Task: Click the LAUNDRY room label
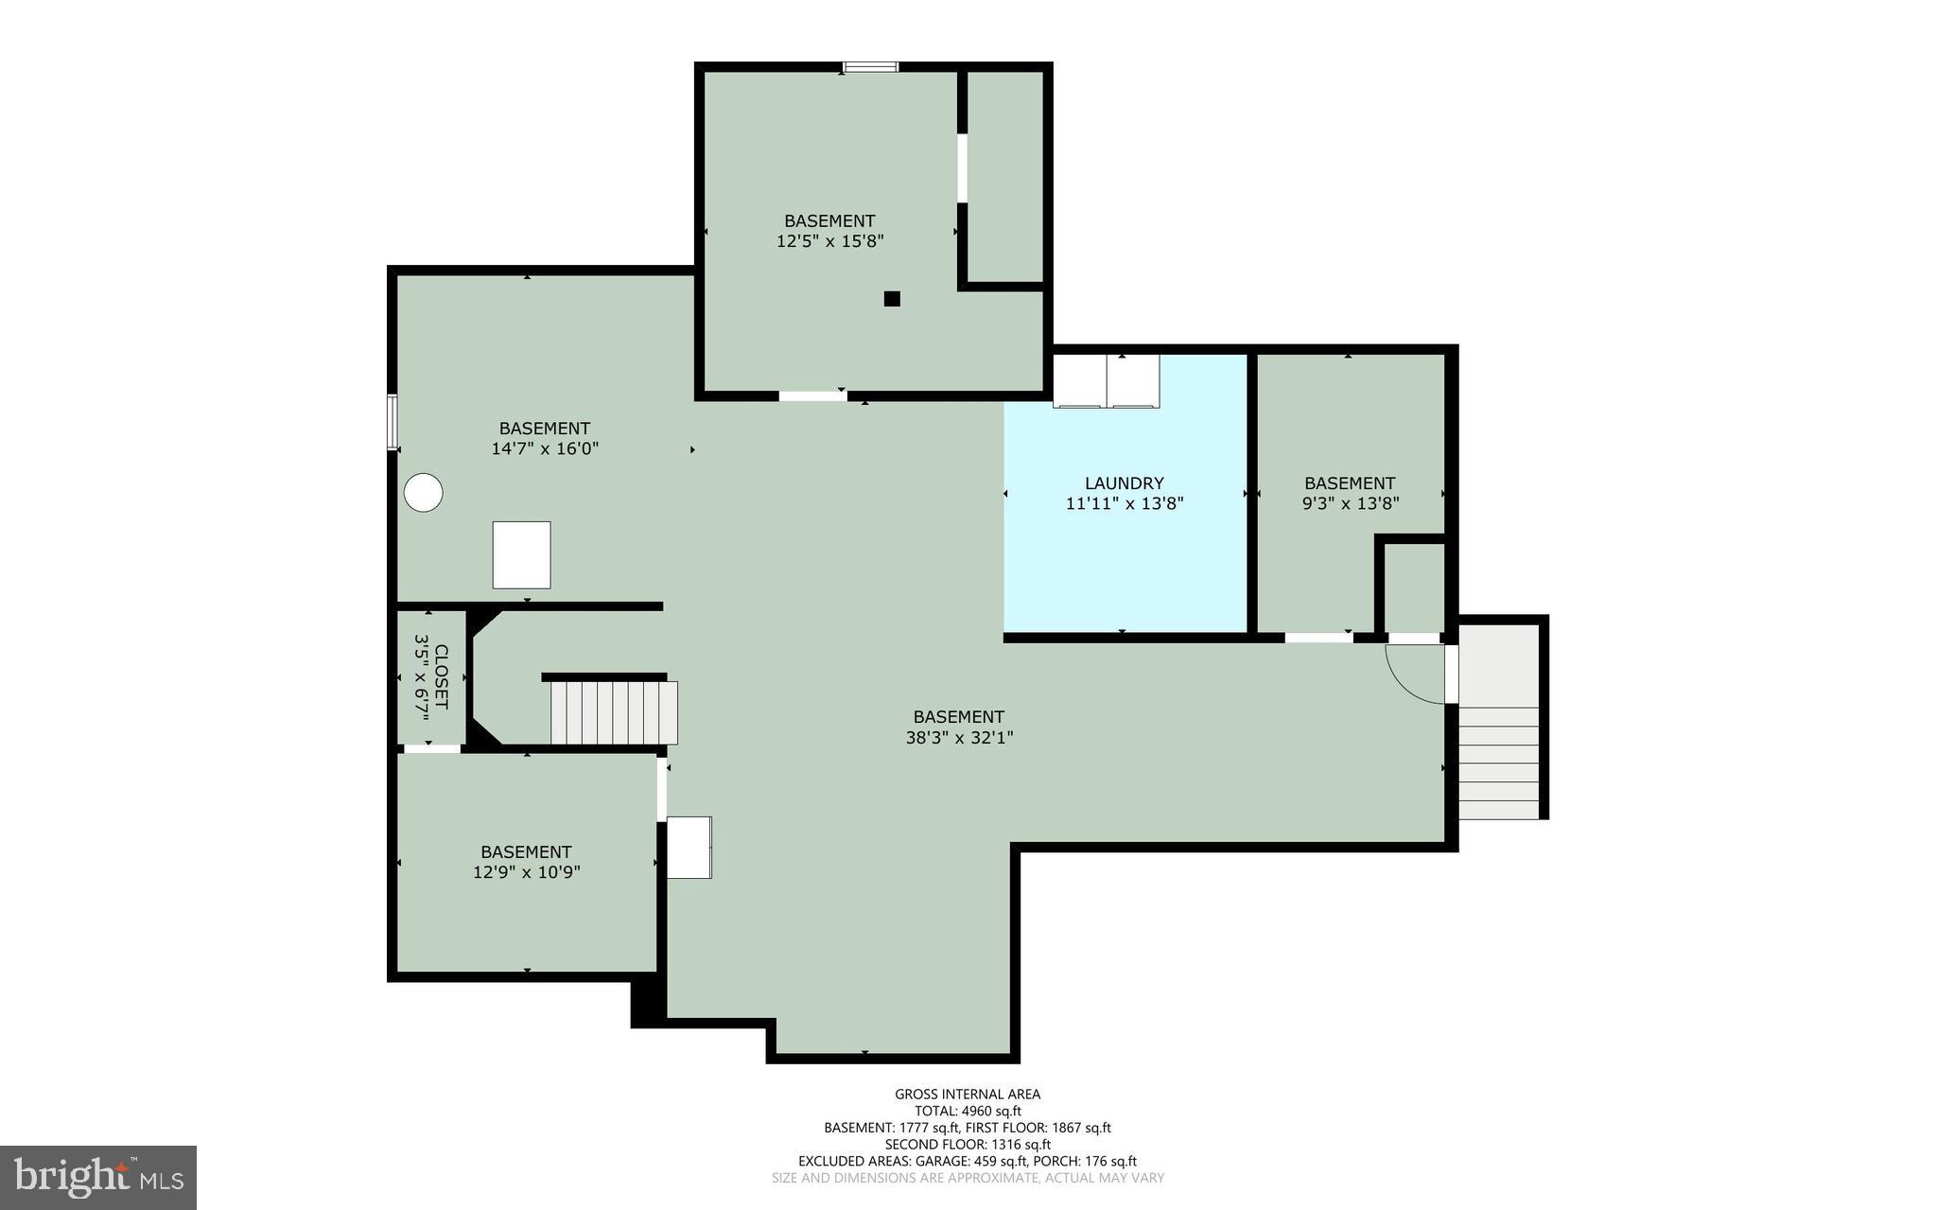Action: click(1124, 483)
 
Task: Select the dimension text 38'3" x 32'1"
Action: click(959, 738)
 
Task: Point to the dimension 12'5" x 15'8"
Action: click(829, 241)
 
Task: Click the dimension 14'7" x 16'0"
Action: click(545, 448)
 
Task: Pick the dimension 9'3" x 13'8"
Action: click(1350, 504)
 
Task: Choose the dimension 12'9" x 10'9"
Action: click(526, 872)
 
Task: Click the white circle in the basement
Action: click(424, 493)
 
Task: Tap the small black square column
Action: click(891, 299)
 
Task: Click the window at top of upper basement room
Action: click(871, 66)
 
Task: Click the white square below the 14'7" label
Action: click(521, 554)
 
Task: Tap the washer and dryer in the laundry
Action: click(1107, 380)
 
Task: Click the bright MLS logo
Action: click(98, 1177)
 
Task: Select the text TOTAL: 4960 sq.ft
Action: click(968, 1112)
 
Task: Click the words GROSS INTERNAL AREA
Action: click(968, 1095)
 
